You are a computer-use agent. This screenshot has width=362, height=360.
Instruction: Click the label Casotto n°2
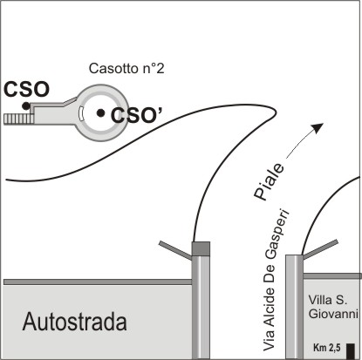click(126, 69)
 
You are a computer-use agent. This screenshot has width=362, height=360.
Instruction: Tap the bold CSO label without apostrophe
click(26, 89)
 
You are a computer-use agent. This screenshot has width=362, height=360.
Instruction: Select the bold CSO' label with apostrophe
click(136, 115)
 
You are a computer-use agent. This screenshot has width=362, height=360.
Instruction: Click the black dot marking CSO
click(26, 105)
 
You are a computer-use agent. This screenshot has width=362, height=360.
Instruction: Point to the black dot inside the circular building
click(100, 113)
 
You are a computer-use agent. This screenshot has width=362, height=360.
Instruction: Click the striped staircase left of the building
click(18, 119)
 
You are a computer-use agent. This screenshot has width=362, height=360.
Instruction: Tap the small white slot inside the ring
click(81, 113)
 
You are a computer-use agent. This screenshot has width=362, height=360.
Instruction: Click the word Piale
click(269, 182)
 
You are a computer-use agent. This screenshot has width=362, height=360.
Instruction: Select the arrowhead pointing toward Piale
click(318, 127)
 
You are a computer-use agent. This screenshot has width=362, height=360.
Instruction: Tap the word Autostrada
click(75, 322)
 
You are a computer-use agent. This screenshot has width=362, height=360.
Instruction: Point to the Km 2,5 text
click(327, 348)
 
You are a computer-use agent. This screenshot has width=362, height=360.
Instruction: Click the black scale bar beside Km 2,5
click(351, 350)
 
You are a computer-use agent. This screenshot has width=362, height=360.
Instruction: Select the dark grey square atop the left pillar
click(201, 248)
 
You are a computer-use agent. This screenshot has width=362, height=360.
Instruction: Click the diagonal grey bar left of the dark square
click(175, 250)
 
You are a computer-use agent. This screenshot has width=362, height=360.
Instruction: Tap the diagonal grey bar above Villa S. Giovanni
click(320, 249)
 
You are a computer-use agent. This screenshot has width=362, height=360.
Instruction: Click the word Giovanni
click(333, 314)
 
